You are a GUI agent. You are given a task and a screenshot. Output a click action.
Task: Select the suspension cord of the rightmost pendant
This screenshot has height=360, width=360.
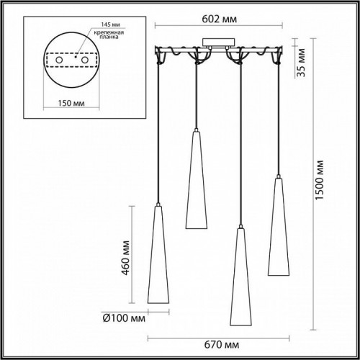coord(278,115)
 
